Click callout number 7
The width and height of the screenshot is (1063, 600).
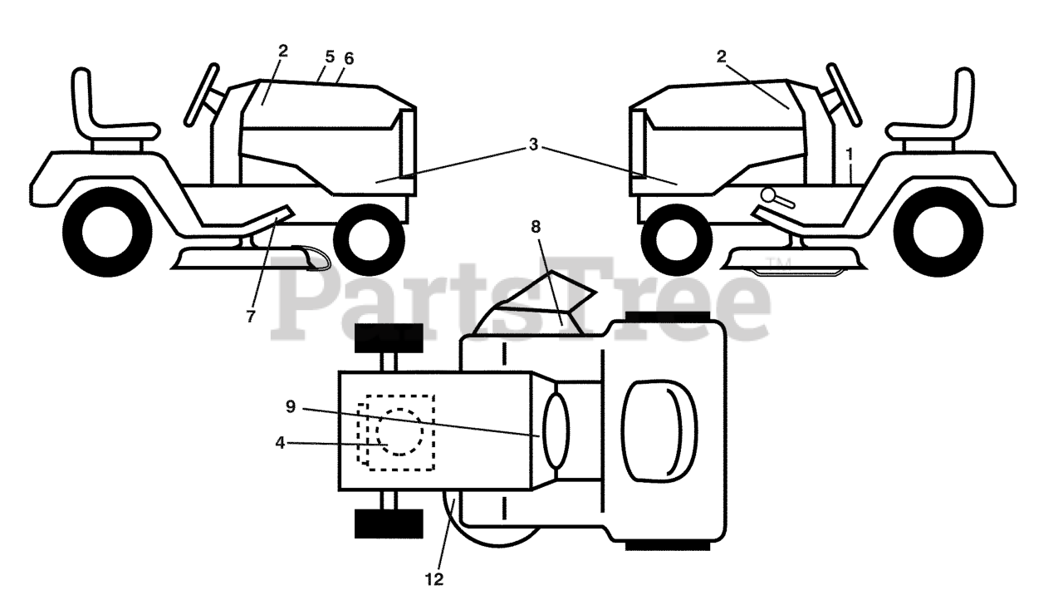pyautogui.click(x=251, y=316)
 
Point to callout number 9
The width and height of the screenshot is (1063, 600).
pyautogui.click(x=290, y=406)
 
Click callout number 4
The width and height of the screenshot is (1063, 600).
pyautogui.click(x=280, y=443)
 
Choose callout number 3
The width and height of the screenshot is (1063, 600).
pyautogui.click(x=533, y=144)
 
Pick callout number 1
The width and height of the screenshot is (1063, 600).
pyautogui.click(x=850, y=153)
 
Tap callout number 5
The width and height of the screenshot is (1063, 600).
pyautogui.click(x=330, y=57)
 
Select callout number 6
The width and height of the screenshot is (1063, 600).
pyautogui.click(x=349, y=58)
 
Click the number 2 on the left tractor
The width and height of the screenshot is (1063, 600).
pyautogui.click(x=283, y=51)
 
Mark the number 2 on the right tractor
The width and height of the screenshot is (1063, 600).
pyautogui.click(x=721, y=56)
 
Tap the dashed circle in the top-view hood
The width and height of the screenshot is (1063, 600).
pyautogui.click(x=400, y=431)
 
